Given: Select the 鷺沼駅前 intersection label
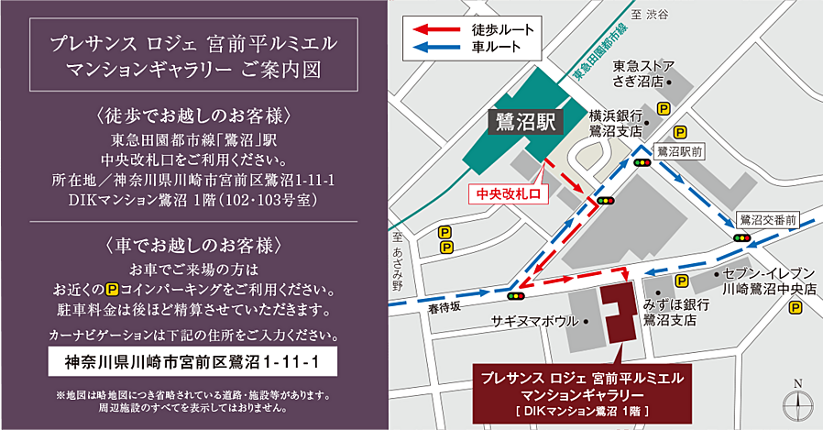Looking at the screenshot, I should [679, 150].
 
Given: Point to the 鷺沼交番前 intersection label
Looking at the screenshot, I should [768, 219].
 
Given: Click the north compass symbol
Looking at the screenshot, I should [797, 400].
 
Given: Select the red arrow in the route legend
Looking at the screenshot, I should [439, 29].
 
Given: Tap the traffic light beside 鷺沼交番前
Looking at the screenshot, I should [741, 237].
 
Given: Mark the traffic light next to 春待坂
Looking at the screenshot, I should [515, 296].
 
